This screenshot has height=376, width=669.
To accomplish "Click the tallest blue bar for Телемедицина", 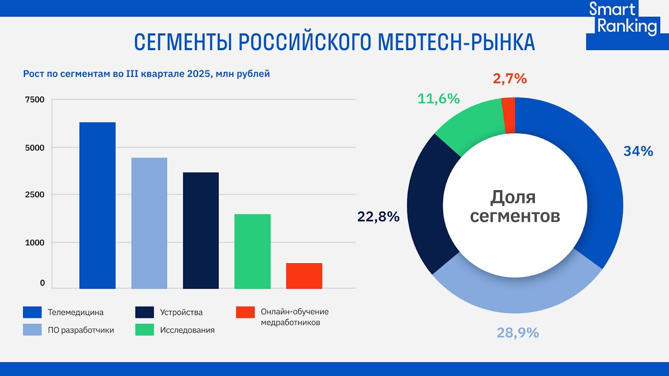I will (x=97, y=205).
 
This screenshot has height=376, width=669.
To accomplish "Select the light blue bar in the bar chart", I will (x=149, y=223).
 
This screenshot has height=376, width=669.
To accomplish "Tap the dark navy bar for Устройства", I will (x=201, y=230).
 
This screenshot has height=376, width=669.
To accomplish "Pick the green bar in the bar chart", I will (x=253, y=251).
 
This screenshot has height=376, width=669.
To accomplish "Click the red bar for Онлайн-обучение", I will (x=304, y=276).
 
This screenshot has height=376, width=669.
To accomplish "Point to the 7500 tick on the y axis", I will (x=35, y=99).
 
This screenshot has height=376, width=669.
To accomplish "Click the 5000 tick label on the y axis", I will (x=35, y=147).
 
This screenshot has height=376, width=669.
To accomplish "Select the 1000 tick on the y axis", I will (x=35, y=242).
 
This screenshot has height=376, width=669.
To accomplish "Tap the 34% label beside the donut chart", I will (x=638, y=151).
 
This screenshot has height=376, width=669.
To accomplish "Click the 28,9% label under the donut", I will (x=518, y=333).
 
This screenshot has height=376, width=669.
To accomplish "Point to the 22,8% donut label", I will (x=378, y=216).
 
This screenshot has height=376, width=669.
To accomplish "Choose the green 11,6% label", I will (x=439, y=99).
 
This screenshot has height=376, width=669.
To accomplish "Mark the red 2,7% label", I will (x=510, y=79).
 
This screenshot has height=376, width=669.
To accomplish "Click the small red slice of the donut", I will (x=509, y=115).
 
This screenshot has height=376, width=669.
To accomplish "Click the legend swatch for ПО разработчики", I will (x=32, y=330).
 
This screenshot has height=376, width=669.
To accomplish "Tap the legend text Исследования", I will (x=187, y=330).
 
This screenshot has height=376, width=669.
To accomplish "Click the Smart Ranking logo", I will (x=623, y=19).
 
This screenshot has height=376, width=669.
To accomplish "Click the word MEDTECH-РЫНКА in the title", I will (x=456, y=42).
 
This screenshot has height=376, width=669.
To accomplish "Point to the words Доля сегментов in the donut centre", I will (x=515, y=206).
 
